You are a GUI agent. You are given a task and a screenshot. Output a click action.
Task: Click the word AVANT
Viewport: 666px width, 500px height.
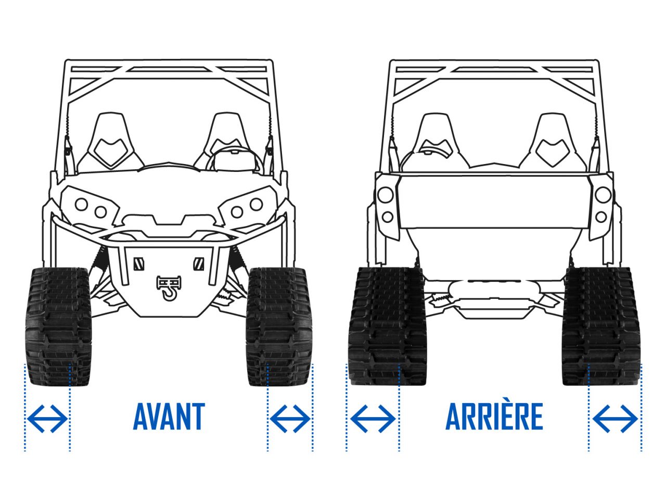(x=169, y=416)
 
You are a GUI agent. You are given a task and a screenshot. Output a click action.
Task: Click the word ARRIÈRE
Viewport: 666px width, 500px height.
(x=494, y=416)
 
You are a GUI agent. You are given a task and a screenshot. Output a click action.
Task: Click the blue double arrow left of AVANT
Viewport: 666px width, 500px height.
(x=47, y=419)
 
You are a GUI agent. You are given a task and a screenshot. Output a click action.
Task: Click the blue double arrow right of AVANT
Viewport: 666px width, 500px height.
(x=290, y=419)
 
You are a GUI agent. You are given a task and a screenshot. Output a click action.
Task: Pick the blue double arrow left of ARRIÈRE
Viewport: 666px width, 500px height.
(x=373, y=419)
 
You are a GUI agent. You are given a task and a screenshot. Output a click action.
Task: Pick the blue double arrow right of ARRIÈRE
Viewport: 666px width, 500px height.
(x=615, y=419)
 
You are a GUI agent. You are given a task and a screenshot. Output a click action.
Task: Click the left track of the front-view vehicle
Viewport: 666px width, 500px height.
(x=58, y=327)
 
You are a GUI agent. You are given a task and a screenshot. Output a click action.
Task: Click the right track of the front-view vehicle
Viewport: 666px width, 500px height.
(x=279, y=327)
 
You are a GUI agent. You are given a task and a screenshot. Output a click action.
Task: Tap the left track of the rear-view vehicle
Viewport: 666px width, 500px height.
(x=388, y=327)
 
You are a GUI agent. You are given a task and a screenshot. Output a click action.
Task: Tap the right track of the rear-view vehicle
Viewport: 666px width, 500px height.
(x=601, y=327)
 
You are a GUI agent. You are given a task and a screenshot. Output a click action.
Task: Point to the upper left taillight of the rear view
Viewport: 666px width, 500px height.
(x=386, y=195)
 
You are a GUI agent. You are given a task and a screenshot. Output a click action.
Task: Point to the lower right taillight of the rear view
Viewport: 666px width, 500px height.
(x=601, y=217)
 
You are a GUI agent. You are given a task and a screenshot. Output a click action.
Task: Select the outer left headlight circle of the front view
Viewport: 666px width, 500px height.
(x=81, y=204)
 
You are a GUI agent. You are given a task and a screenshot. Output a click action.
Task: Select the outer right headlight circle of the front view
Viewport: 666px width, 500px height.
(x=257, y=204)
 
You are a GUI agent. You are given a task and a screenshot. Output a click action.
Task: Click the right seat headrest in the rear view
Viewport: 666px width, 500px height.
(x=552, y=140)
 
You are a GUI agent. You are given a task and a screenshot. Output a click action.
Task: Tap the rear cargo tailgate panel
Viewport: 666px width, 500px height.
(x=494, y=201)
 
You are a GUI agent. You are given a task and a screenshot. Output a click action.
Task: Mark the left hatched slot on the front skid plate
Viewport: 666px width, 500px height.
(x=139, y=264)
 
